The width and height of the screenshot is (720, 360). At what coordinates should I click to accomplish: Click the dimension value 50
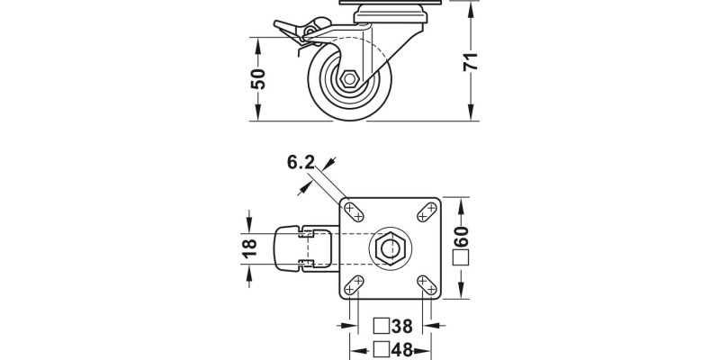coord(259,79)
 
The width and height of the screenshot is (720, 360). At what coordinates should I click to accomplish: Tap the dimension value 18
coord(251,247)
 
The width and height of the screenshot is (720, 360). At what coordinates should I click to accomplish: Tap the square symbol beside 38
coord(381,326)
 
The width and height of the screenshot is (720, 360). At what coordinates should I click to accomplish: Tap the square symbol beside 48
coord(381,349)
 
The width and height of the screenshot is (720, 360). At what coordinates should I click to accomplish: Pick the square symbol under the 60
coord(463,259)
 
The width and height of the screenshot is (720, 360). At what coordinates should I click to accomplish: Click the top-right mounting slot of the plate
coord(425,211)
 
